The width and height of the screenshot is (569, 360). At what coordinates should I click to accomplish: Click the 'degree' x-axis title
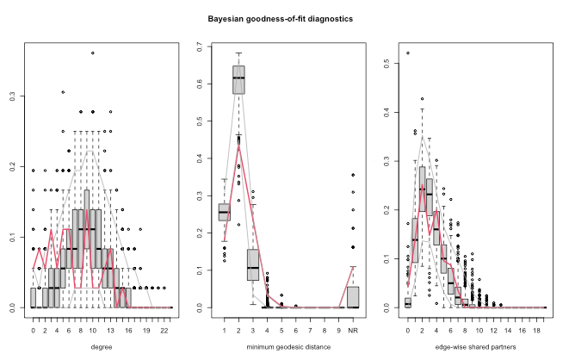coord(102,348)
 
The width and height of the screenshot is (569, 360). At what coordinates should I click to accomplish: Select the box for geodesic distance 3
coord(252,264)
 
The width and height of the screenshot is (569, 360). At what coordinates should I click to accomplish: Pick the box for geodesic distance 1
coord(224,212)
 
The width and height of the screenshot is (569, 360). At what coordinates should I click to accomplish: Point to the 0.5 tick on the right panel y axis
coord(385,64)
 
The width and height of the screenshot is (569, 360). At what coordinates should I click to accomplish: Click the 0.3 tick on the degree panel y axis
coord(13,97)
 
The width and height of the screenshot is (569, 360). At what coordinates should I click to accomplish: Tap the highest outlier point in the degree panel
coord(92,53)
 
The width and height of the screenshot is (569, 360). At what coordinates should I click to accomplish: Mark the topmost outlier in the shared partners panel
coord(408,53)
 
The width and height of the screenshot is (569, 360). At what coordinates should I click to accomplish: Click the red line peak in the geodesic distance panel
coord(238,146)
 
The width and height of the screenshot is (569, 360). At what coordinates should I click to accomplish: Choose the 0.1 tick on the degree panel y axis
coord(13,238)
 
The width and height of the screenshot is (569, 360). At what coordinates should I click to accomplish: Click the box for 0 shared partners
coord(408,302)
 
